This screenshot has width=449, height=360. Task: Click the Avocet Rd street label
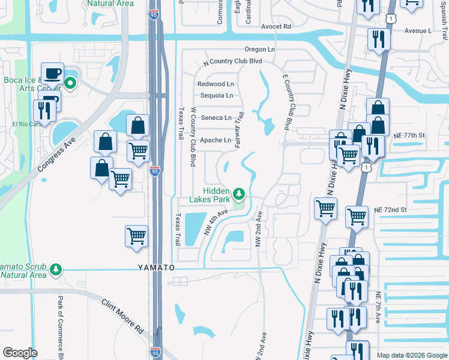click(x=276, y=26)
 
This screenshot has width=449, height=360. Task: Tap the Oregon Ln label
click(x=259, y=49)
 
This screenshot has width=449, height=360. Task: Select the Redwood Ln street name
click(x=215, y=84)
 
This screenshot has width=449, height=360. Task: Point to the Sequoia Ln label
click(x=216, y=95)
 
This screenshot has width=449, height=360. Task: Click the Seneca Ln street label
click(x=215, y=118)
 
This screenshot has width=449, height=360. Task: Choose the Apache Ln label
click(x=215, y=140)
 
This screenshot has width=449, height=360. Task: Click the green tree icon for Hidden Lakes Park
click(x=240, y=193)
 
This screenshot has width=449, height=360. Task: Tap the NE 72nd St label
click(x=390, y=210)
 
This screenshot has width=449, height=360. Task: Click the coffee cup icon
click(x=52, y=73)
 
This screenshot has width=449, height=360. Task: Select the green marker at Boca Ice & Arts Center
click(x=70, y=84)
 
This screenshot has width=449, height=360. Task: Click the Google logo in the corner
click(x=20, y=352)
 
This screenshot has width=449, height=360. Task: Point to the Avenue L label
click(x=418, y=31)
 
